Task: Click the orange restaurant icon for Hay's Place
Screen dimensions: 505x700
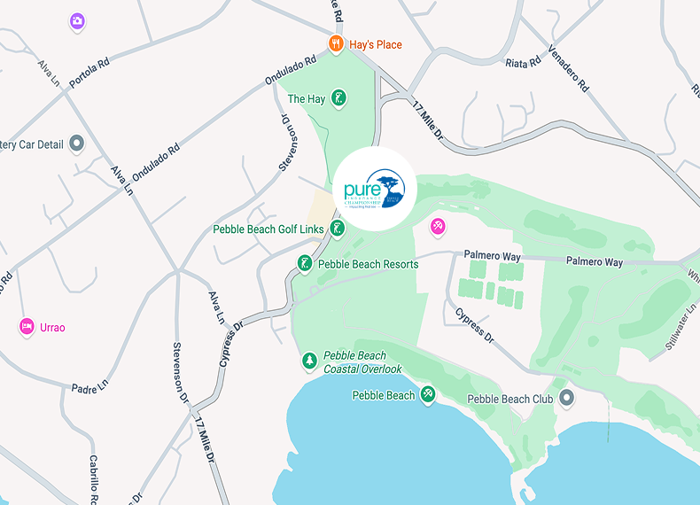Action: [x=336, y=43]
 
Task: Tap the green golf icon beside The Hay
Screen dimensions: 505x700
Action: [x=338, y=99]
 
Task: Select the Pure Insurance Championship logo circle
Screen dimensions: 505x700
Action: [x=374, y=189]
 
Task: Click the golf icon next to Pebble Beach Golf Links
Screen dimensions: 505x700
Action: [x=337, y=229]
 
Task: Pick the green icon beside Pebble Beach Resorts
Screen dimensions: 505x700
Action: [x=305, y=264]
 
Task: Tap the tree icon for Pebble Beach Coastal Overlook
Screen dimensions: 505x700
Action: [x=309, y=361]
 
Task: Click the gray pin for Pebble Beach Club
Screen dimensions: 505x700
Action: [x=565, y=399]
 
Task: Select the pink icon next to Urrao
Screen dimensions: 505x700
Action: [x=27, y=327]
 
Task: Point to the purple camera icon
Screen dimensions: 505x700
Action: [x=77, y=20]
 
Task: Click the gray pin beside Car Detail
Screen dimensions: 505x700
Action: [x=76, y=143]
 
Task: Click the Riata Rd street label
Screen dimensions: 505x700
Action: [x=523, y=63]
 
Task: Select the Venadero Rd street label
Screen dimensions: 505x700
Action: [x=568, y=68]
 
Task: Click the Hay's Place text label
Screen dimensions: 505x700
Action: [x=376, y=44]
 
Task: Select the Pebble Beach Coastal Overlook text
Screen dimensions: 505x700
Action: [x=362, y=362]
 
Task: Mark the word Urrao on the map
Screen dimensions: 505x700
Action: [x=52, y=328]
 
